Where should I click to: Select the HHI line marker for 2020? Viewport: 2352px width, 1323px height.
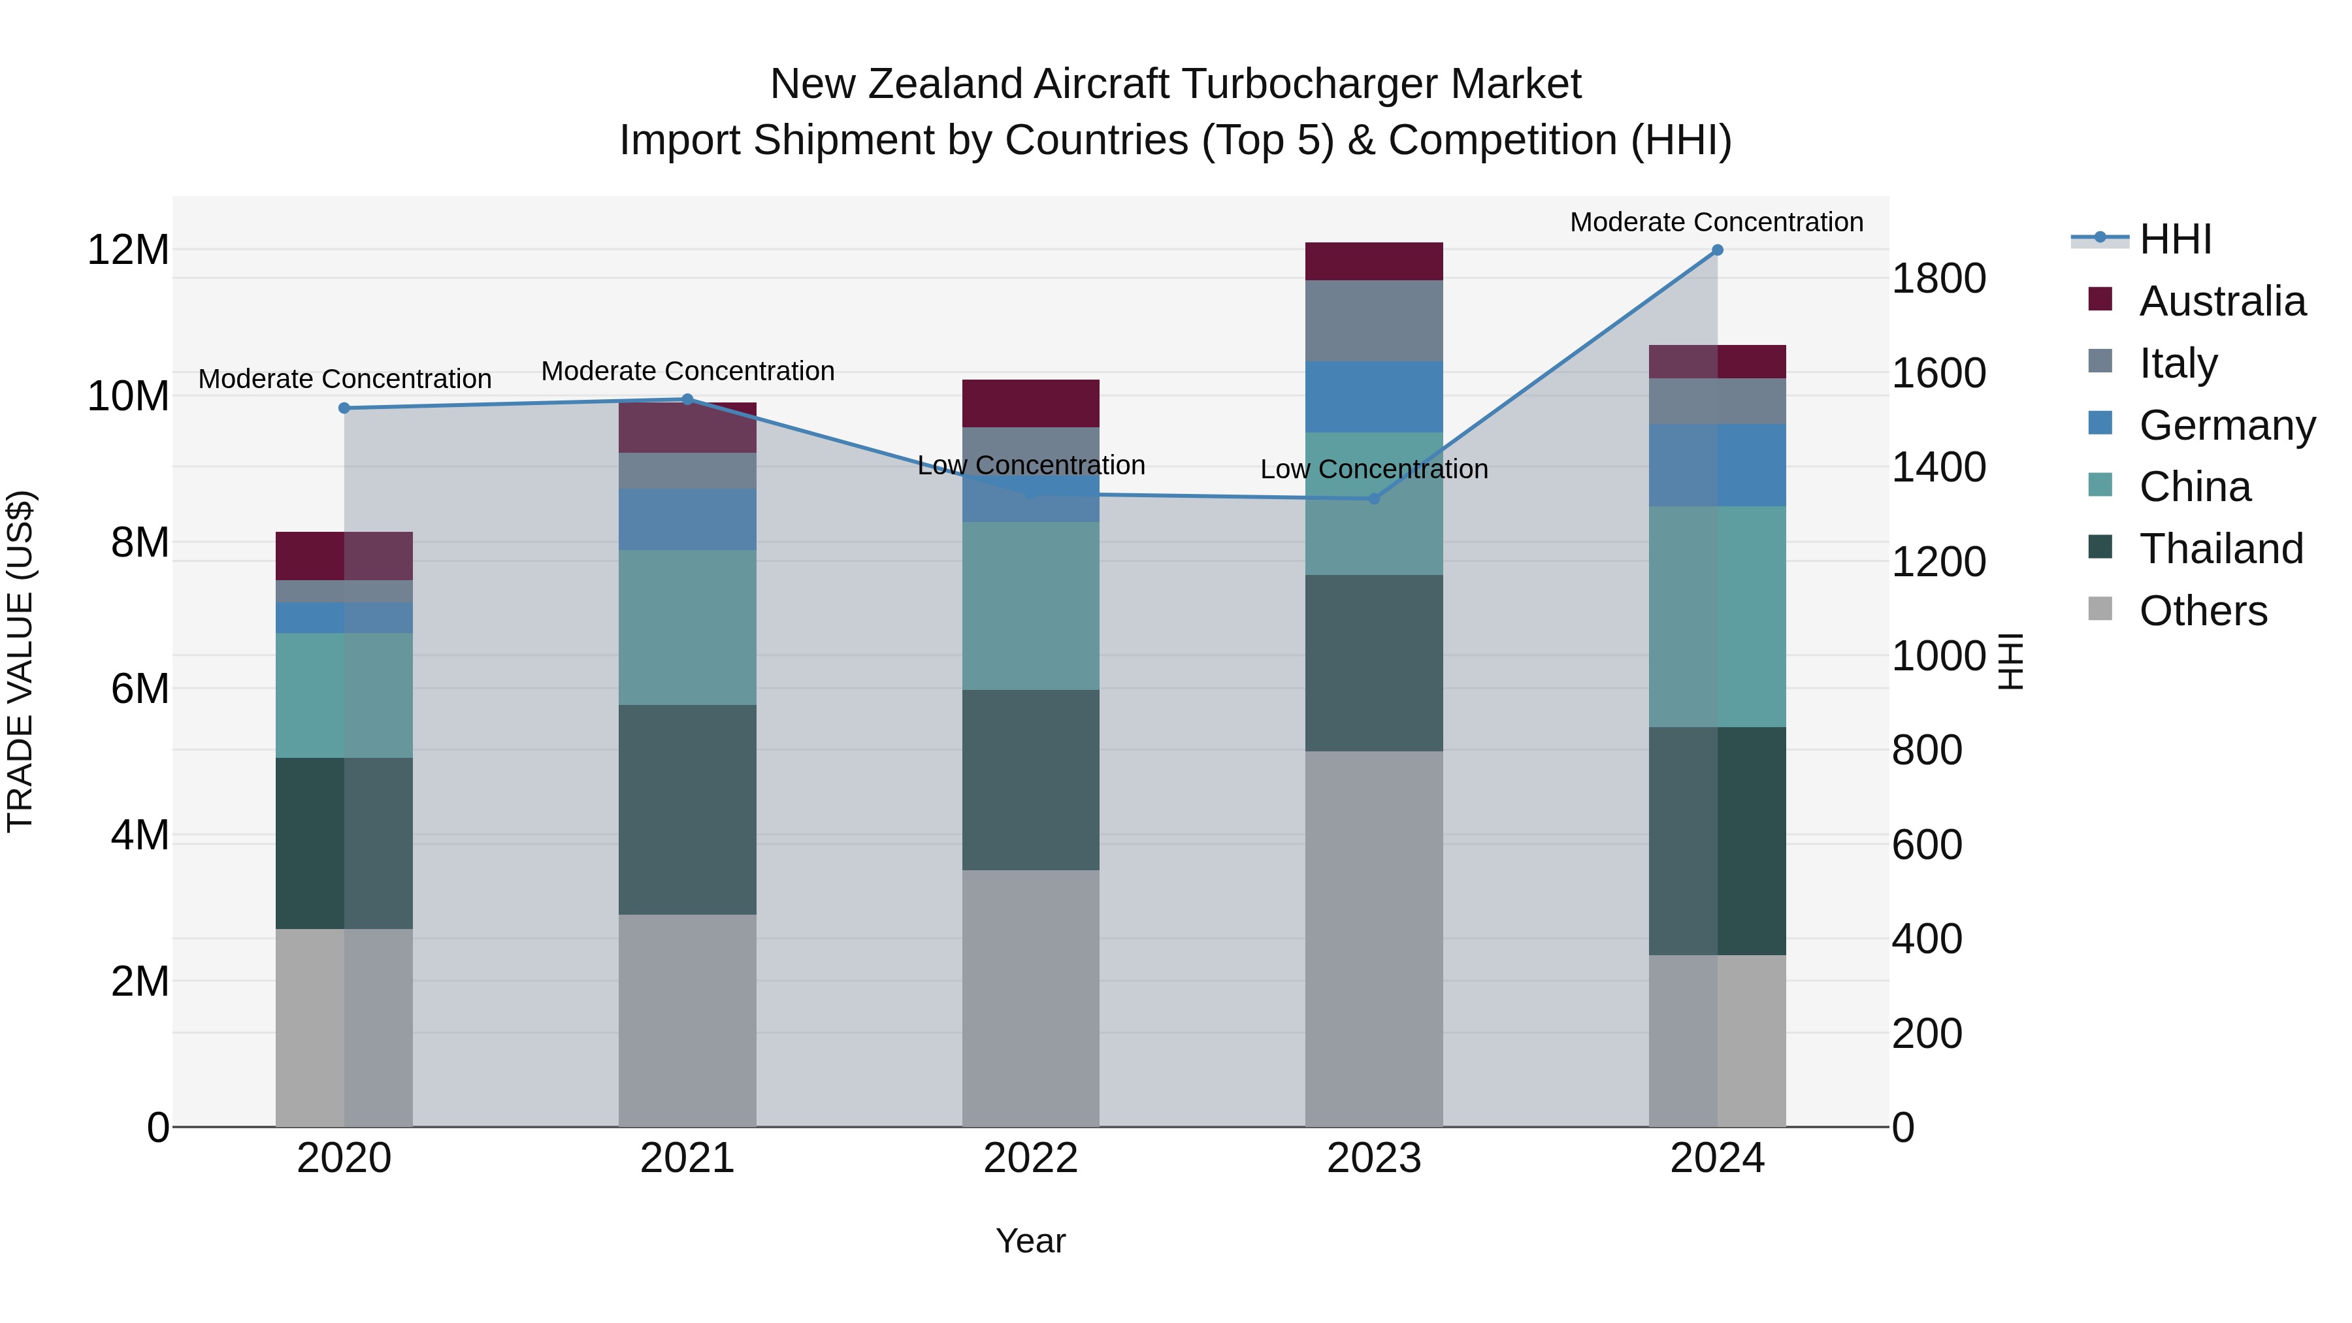click(x=344, y=408)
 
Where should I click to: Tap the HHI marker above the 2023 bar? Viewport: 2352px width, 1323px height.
click(x=1373, y=498)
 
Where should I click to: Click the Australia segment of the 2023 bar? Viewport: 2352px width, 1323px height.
click(x=1373, y=261)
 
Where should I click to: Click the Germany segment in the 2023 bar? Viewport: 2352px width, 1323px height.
click(x=1373, y=397)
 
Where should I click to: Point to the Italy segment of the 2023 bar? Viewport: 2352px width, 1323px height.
click(x=1373, y=321)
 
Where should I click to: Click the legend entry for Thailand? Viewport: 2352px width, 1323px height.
click(x=2221, y=549)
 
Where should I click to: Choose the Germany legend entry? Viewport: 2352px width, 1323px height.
click(x=2226, y=425)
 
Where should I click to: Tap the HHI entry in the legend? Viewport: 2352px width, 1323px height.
click(x=2175, y=239)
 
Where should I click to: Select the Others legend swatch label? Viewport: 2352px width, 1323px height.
click(x=2202, y=611)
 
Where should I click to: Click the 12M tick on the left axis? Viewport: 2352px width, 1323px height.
click(x=128, y=250)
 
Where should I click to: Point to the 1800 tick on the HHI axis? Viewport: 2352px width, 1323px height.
click(x=1938, y=278)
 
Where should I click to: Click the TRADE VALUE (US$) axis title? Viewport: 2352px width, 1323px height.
click(x=20, y=661)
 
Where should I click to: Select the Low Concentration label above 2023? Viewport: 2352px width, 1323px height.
click(x=1373, y=469)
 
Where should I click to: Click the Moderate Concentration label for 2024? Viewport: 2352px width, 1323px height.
click(x=1716, y=222)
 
